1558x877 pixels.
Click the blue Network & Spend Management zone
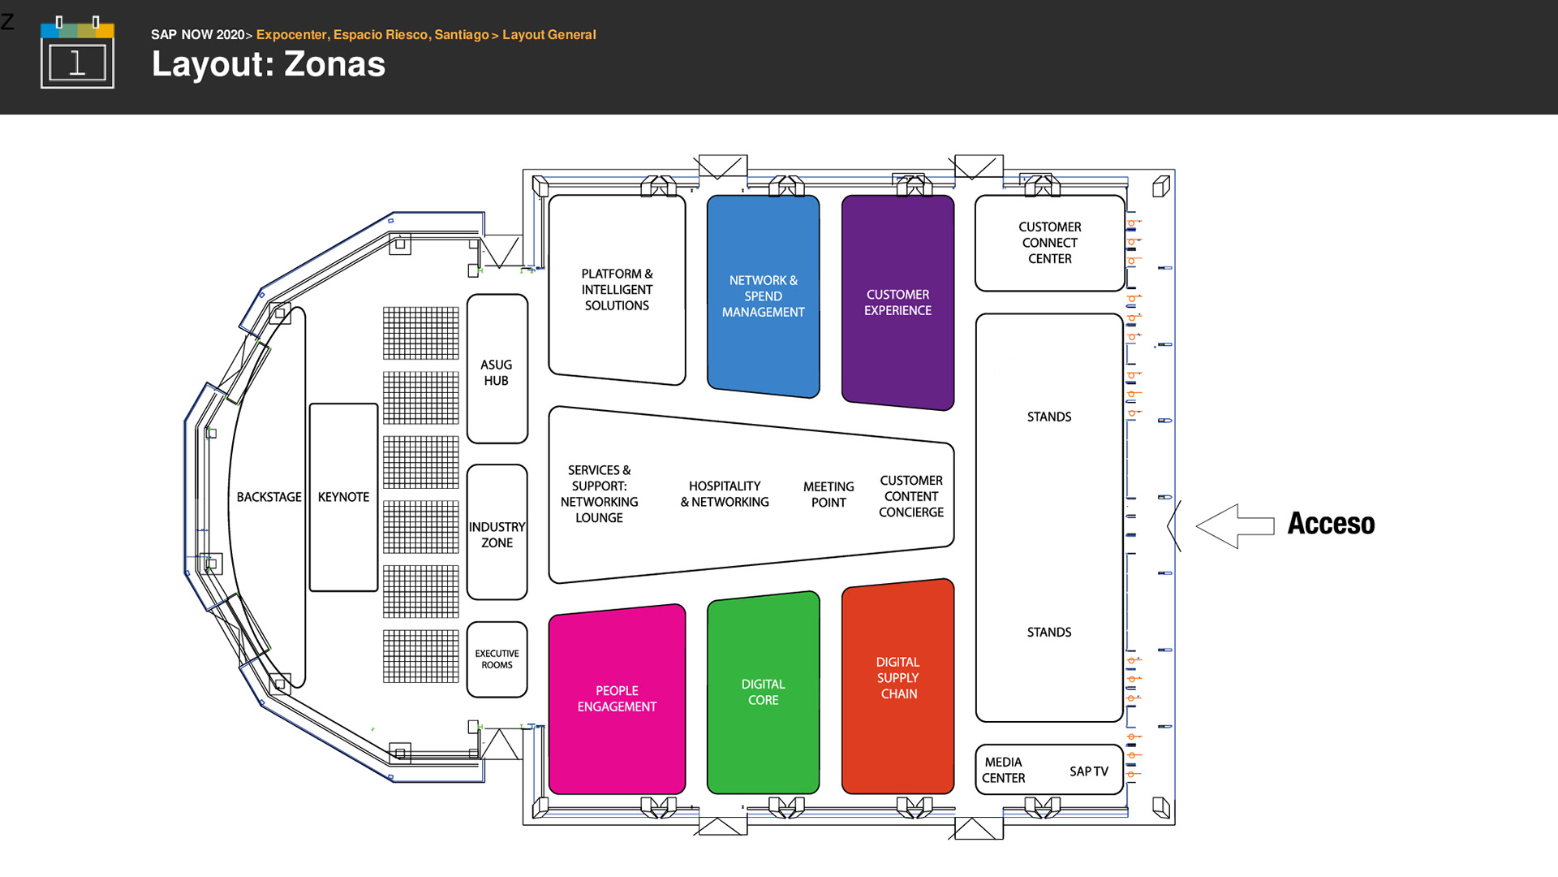pos(763,296)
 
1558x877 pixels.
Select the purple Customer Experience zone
pos(897,302)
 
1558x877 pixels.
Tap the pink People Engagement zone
pos(617,699)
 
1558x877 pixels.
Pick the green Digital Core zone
pos(763,693)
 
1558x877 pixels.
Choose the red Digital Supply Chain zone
pos(897,679)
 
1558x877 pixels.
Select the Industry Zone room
pos(497,534)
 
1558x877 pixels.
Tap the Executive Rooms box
pos(497,659)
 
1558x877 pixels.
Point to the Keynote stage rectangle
pos(343,497)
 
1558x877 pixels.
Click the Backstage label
pos(269,497)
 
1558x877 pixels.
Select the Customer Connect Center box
pos(1049,243)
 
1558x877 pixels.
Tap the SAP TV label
pos(1088,771)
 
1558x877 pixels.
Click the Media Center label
pos(1004,770)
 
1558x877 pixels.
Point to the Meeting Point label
pos(828,495)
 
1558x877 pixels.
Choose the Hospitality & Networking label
pos(725,494)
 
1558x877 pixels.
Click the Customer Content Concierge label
pos(911,496)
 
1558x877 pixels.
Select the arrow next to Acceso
pos(1234,525)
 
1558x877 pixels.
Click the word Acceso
pos(1331,524)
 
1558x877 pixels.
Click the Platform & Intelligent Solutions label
pos(617,290)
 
